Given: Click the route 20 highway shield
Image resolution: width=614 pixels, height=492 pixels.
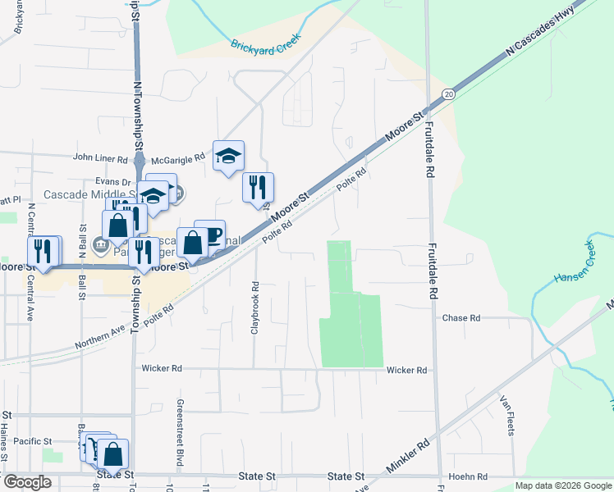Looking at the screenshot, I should (447, 94).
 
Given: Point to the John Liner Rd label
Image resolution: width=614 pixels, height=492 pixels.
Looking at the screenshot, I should (100, 158).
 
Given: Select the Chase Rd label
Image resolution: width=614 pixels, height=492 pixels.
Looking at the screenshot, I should (460, 318).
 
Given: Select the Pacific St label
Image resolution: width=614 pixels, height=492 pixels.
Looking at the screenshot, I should (33, 440).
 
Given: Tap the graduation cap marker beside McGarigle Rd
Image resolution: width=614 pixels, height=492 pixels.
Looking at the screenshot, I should (228, 156).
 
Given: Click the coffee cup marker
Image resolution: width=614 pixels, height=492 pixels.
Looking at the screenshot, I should (209, 235).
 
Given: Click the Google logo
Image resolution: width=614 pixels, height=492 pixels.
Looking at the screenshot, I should (27, 482).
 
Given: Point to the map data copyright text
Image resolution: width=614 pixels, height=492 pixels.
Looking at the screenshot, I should (562, 485).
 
